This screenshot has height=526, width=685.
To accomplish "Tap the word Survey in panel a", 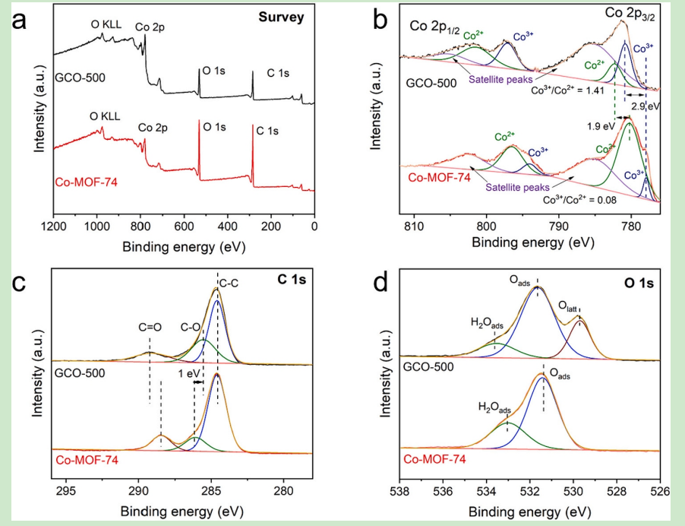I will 279,16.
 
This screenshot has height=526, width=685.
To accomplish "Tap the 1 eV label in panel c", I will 188,373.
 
